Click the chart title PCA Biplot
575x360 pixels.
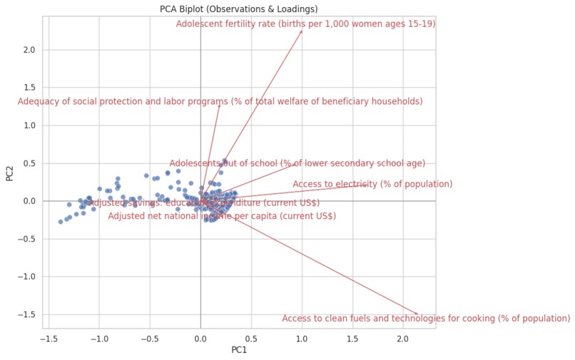pyautogui.click(x=239, y=9)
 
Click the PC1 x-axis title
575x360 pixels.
pyautogui.click(x=239, y=351)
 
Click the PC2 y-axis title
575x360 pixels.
pyautogui.click(x=10, y=173)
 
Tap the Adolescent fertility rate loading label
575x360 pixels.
pyautogui.click(x=305, y=24)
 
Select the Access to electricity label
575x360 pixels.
pyautogui.click(x=372, y=184)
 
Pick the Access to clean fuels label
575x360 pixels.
pyautogui.click(x=426, y=319)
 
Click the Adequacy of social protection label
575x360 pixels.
pyautogui.click(x=220, y=101)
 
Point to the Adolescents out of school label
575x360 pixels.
pyautogui.click(x=297, y=163)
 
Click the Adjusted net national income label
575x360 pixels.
pyautogui.click(x=222, y=216)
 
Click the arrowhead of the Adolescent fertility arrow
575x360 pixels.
pyautogui.click(x=302, y=31)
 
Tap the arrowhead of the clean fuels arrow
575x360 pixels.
pyautogui.click(x=419, y=314)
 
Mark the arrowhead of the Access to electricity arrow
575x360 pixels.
pyautogui.click(x=368, y=185)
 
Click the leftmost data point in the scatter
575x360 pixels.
pyautogui.click(x=61, y=222)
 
